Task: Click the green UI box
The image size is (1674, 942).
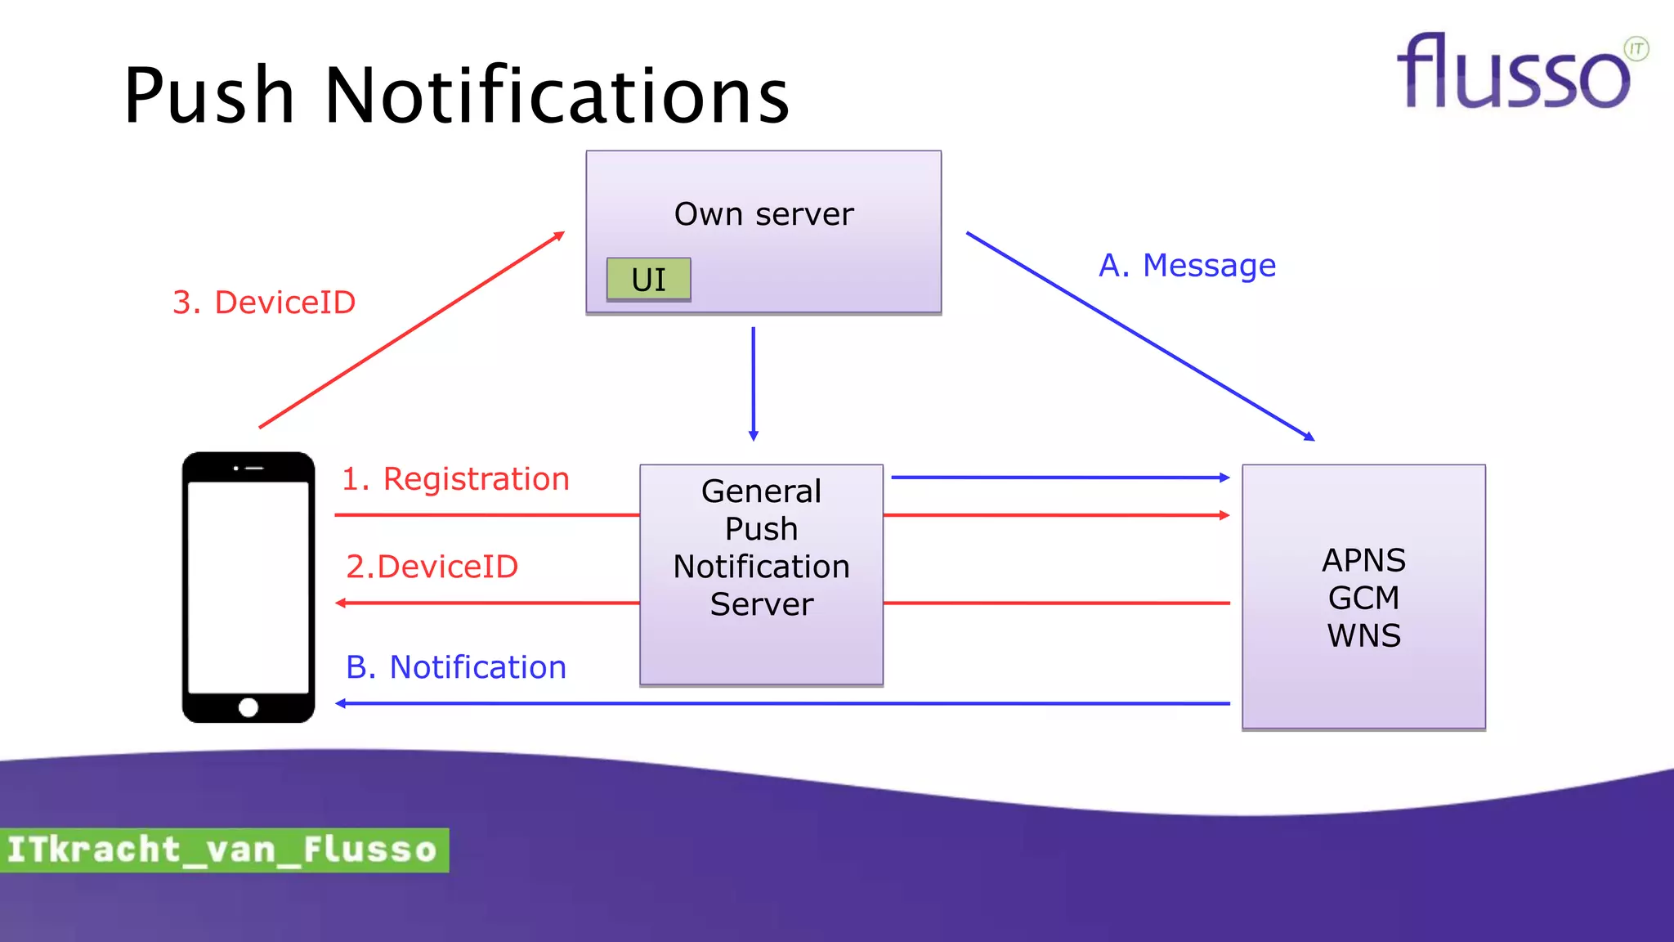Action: [648, 280]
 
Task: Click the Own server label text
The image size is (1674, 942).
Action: [763, 214]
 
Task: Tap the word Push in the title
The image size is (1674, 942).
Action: [209, 96]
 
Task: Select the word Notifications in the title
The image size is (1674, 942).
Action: [557, 96]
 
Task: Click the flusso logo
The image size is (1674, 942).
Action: [1512, 74]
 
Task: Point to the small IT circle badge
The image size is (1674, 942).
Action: [1636, 49]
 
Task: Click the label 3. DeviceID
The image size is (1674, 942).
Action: [264, 303]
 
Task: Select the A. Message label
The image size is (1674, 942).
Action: [1187, 266]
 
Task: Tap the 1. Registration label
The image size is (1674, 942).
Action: [455, 479]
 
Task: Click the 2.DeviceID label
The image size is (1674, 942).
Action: [432, 567]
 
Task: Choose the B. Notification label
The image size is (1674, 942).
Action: [455, 667]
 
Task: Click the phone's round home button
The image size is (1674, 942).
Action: [248, 707]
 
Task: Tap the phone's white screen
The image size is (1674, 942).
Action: [248, 587]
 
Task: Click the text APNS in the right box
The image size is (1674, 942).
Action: [1363, 561]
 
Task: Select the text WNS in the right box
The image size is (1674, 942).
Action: [1363, 636]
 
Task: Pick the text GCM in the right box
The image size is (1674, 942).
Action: [1363, 599]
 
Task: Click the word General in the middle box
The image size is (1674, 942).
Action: [761, 491]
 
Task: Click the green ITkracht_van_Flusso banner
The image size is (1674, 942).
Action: [222, 850]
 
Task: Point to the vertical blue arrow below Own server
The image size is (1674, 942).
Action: [753, 384]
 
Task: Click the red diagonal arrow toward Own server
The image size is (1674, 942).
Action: [411, 330]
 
